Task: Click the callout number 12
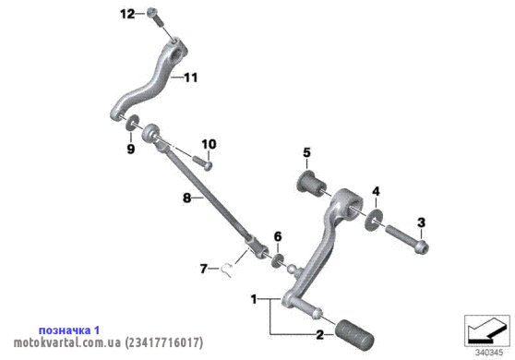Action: click(127, 14)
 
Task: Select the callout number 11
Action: click(191, 78)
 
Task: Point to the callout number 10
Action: click(209, 144)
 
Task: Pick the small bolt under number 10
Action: click(202, 162)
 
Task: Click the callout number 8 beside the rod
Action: click(186, 198)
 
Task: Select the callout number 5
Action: click(306, 152)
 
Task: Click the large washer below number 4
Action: click(374, 219)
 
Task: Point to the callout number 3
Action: click(422, 222)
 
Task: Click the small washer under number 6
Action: click(278, 259)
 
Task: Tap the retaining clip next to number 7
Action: click(227, 270)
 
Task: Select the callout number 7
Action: click(204, 269)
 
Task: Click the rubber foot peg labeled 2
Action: click(354, 335)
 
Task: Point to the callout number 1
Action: click(254, 299)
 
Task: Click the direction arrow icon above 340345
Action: click(487, 330)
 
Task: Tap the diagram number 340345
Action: click(489, 354)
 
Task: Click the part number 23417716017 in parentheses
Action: click(164, 342)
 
